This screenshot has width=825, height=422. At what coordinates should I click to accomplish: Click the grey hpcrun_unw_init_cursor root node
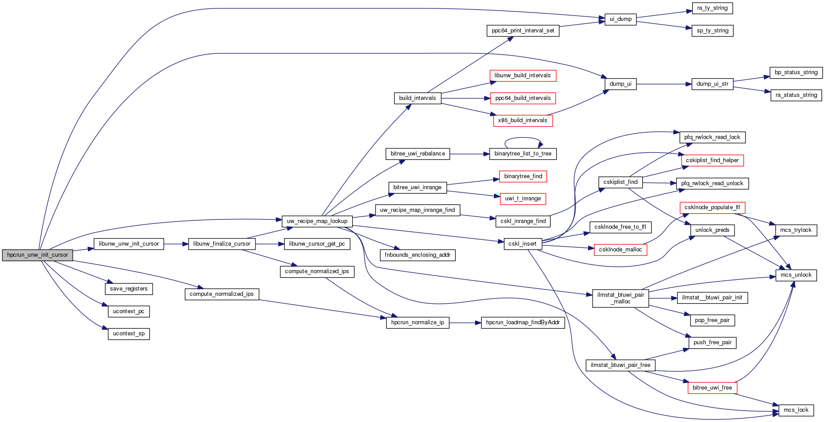tap(37, 255)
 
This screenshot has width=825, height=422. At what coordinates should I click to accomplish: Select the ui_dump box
tap(620, 19)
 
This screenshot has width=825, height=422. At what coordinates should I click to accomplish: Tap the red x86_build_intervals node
tap(522, 120)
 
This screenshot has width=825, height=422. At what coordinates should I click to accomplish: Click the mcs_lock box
tap(796, 410)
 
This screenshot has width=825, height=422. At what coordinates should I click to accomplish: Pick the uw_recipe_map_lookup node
tap(317, 221)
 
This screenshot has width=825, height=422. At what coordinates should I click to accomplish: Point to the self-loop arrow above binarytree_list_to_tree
tap(523, 139)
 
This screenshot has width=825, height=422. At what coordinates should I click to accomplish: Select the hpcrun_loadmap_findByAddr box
tap(522, 322)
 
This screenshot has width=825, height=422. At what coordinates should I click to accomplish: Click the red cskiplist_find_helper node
tap(712, 160)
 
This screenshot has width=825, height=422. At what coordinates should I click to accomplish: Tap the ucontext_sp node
tap(129, 334)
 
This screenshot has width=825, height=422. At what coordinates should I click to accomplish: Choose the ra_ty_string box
tap(712, 8)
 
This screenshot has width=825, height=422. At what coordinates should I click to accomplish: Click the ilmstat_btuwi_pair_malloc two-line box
tap(620, 298)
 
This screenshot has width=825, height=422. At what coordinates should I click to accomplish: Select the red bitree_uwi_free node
tap(712, 388)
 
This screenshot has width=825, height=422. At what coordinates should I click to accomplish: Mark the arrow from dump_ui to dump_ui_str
tap(664, 84)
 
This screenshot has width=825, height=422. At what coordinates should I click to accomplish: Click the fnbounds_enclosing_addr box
tap(417, 255)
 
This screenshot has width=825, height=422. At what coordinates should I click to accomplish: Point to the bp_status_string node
tap(796, 72)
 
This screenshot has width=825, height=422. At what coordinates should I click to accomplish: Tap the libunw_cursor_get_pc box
tap(317, 244)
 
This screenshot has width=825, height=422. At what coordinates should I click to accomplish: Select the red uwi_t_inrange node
tap(522, 199)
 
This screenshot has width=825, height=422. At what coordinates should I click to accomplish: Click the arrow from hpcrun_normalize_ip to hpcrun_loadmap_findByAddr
tap(465, 322)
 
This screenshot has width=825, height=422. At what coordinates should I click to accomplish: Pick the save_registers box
tap(129, 289)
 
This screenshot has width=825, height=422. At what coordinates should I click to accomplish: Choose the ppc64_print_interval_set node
tap(522, 31)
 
